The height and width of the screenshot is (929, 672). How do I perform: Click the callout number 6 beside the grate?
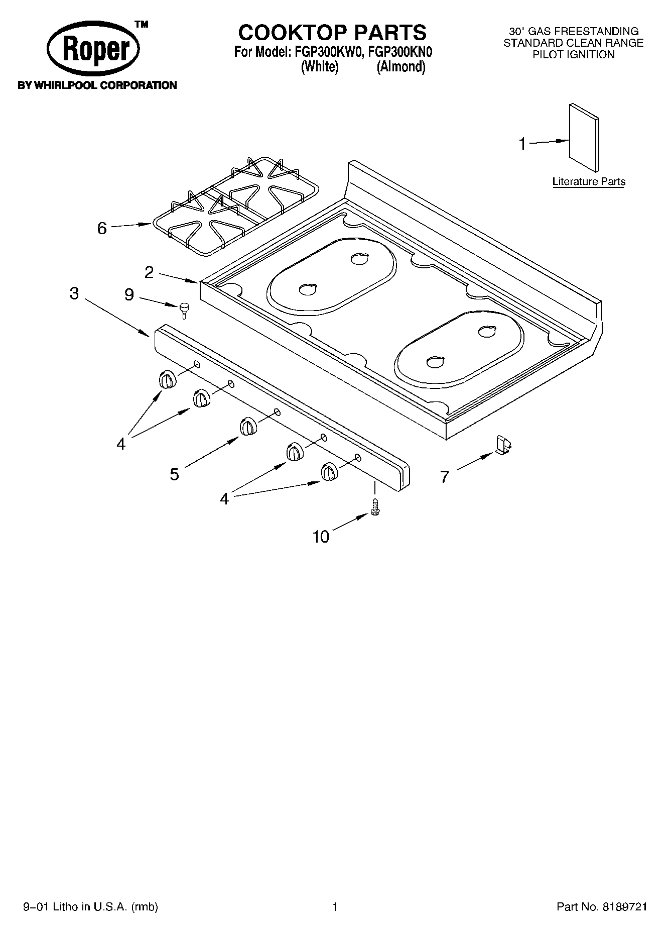coord(102,229)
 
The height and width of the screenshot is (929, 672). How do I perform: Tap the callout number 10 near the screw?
coord(321,537)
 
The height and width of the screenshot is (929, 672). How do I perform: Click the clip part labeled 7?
coord(502,445)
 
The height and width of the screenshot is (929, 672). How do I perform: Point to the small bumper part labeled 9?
coord(184,308)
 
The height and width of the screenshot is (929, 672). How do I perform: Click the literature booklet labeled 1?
coord(584,138)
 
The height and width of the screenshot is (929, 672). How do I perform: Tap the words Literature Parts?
coord(589,181)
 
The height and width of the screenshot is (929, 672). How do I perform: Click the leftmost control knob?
coord(168,380)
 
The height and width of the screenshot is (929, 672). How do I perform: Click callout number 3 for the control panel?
coord(74,293)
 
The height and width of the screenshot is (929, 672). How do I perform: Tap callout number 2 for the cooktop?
coord(149,272)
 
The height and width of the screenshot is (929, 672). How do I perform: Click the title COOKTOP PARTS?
coord(332,33)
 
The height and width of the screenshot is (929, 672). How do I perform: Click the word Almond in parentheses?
coord(401,67)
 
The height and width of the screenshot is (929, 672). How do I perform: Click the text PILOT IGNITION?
coord(573,55)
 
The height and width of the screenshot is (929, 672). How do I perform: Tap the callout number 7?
coord(444,476)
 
